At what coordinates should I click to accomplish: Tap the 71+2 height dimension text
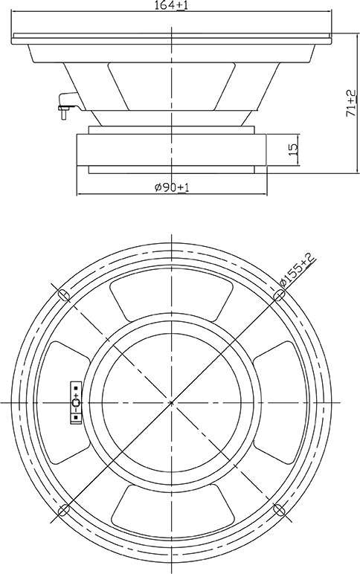click(351, 103)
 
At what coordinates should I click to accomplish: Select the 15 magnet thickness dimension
click(294, 149)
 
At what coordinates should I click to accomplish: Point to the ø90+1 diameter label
click(172, 187)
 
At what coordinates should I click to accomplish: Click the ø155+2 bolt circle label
click(297, 270)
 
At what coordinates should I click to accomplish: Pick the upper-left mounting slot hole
click(64, 294)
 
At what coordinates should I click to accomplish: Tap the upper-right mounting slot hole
click(280, 294)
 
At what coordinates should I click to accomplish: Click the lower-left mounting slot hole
click(64, 509)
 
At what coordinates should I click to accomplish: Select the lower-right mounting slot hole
click(280, 509)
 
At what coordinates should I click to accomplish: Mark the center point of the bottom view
click(171, 403)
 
